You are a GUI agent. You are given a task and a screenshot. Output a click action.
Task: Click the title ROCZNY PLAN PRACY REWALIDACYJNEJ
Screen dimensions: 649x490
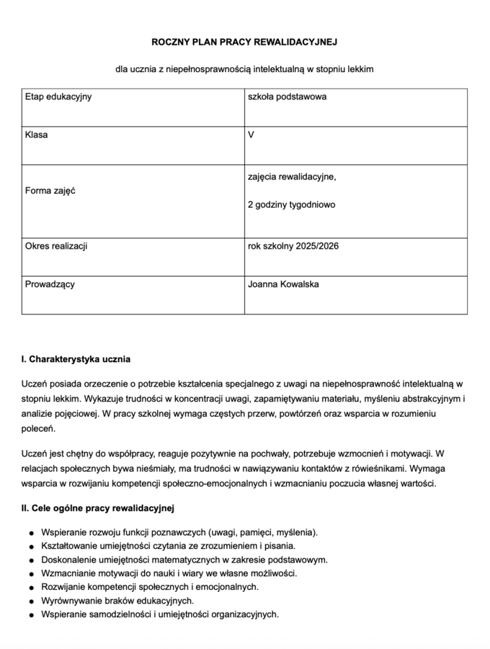tap(244, 43)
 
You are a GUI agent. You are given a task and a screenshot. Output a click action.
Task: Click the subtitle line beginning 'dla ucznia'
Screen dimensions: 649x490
tap(244, 69)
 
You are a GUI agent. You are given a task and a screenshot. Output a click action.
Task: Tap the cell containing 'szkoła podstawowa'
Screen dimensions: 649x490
tap(287, 97)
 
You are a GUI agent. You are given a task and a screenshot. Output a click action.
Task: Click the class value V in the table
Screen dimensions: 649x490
tap(251, 135)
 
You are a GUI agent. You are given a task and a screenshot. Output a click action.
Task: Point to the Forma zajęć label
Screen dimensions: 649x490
tap(50, 191)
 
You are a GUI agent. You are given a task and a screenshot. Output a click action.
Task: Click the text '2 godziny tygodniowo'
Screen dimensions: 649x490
tap(291, 205)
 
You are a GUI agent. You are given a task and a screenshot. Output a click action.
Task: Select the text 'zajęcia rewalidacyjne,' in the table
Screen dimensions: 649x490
tap(292, 177)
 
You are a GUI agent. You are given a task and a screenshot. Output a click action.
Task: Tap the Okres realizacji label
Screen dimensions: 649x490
tap(56, 246)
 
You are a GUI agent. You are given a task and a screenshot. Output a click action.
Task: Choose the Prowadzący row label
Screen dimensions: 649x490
tap(50, 284)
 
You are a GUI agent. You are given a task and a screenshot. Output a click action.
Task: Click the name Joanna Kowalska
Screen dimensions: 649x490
tap(283, 284)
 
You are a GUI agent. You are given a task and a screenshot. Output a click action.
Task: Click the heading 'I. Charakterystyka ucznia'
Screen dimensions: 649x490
tap(76, 358)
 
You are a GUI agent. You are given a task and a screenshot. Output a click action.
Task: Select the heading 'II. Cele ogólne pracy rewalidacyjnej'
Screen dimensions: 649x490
tap(98, 508)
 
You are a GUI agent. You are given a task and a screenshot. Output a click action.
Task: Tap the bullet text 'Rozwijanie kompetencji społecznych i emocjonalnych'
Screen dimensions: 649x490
tap(150, 587)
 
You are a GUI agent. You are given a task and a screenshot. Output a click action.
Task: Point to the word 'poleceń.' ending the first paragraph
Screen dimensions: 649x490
tap(38, 429)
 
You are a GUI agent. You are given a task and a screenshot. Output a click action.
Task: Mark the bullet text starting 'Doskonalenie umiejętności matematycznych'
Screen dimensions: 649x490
tap(174, 560)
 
